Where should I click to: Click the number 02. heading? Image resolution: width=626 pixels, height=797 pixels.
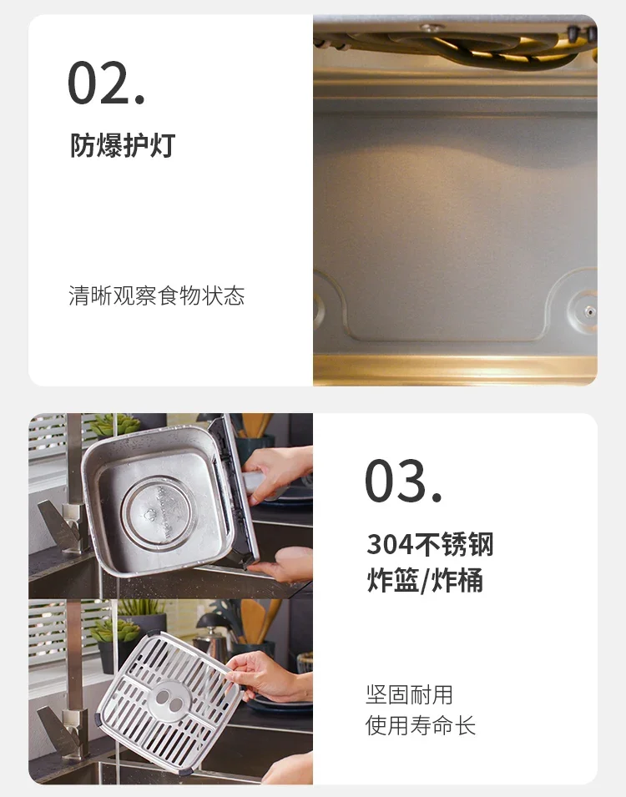coord(106,83)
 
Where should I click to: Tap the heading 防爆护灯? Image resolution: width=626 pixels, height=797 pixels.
coord(123,145)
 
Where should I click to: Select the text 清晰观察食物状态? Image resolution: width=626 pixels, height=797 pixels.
coord(157,295)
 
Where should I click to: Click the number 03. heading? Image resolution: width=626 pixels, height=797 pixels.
coord(403,481)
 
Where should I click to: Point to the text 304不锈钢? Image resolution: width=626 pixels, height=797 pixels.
coord(430,544)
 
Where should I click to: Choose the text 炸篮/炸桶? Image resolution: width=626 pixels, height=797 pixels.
coord(425,580)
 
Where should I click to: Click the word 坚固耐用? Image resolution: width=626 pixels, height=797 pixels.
coord(409,695)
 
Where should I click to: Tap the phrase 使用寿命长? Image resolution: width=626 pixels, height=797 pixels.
coord(421,725)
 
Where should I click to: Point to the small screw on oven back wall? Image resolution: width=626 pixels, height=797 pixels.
coord(589,311)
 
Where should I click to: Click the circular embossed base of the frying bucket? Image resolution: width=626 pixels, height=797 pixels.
coord(157,513)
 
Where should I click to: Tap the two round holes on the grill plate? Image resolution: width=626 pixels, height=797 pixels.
coord(169,700)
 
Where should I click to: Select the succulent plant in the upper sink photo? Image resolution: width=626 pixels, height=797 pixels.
coord(113,426)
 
